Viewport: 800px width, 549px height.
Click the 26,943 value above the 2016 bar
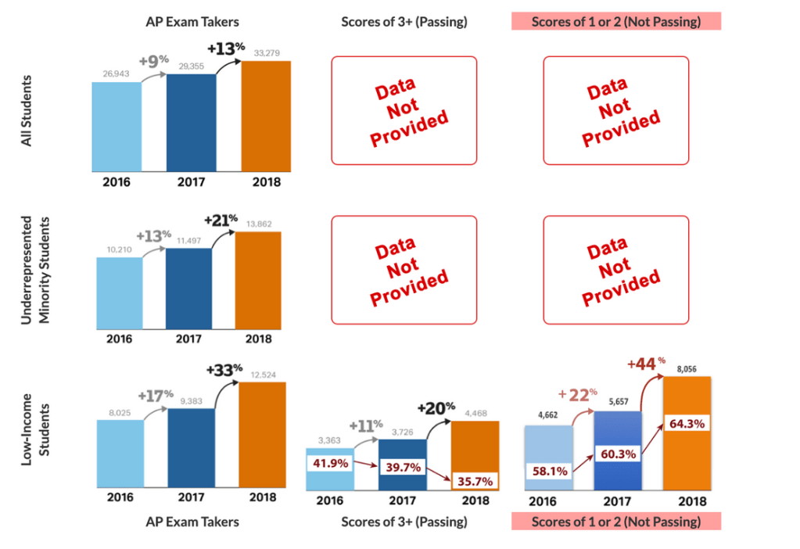click(x=117, y=74)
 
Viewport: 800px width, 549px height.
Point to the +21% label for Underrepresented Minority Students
click(x=221, y=220)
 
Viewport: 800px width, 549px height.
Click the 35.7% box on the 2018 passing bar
click(x=476, y=478)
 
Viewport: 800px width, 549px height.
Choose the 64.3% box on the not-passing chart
click(x=686, y=423)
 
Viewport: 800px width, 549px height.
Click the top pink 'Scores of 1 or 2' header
click(x=616, y=21)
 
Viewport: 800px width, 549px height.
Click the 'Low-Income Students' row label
click(x=33, y=435)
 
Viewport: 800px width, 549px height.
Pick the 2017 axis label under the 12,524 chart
click(x=190, y=497)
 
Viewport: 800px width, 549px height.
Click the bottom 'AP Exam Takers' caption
click(x=191, y=522)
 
